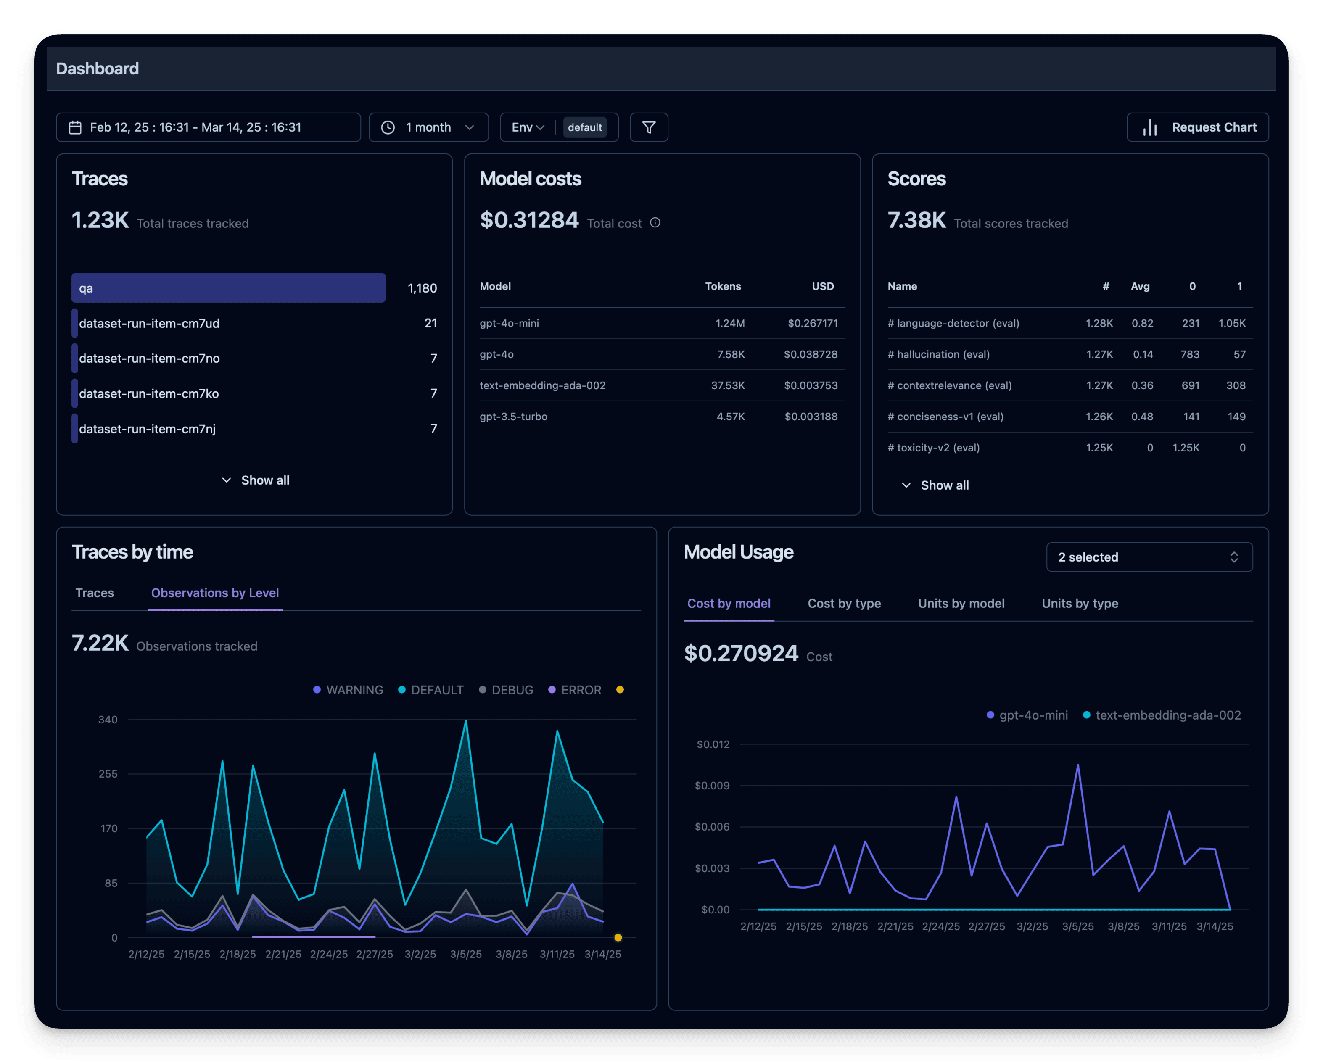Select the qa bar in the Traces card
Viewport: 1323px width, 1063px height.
[228, 288]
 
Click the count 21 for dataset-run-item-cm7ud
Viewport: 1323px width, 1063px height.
[431, 323]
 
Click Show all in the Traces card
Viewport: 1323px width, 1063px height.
[255, 480]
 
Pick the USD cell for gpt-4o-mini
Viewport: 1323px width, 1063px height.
[813, 323]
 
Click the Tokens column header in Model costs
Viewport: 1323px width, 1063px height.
[722, 287]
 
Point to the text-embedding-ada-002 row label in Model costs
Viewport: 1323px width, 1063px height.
[542, 385]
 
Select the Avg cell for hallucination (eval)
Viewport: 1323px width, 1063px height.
[1143, 354]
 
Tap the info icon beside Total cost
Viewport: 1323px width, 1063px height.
[655, 223]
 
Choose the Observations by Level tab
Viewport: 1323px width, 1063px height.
[215, 593]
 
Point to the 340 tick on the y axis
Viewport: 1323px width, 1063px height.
[108, 720]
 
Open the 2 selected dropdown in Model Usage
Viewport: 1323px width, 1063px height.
[1149, 557]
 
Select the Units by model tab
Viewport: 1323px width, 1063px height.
[961, 604]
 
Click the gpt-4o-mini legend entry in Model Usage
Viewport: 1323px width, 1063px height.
[1027, 715]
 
